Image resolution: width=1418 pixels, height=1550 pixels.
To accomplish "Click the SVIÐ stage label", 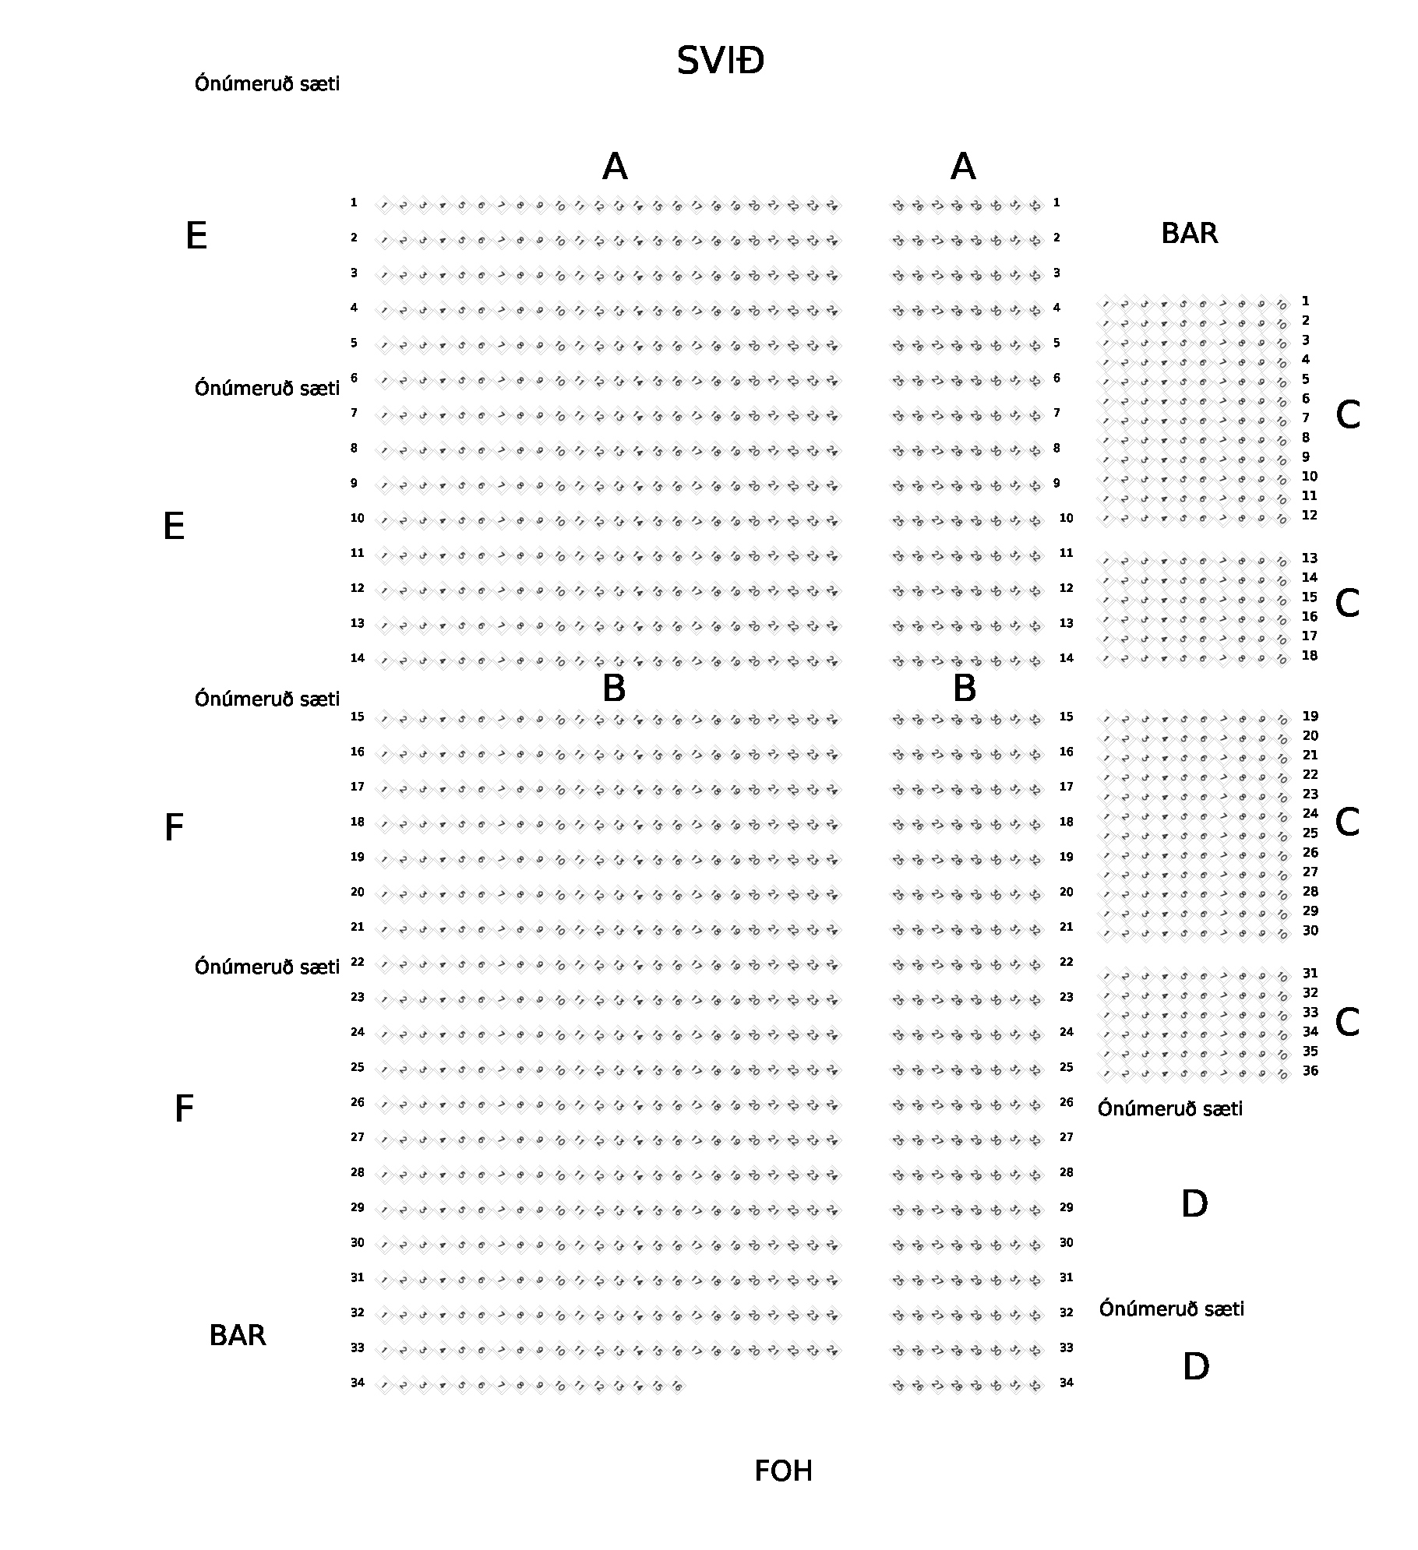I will [720, 61].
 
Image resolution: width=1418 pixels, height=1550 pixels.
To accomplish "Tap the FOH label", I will [783, 1471].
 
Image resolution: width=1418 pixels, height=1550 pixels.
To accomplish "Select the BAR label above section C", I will [1189, 234].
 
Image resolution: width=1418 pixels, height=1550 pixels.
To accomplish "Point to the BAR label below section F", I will [238, 1336].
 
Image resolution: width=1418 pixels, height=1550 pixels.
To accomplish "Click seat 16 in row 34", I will [677, 1386].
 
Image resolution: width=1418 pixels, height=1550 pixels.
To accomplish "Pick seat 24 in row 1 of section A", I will [832, 206].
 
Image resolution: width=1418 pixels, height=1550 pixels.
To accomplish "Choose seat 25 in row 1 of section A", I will [898, 206].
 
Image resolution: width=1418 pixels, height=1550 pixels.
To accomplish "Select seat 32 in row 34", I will [1035, 1386].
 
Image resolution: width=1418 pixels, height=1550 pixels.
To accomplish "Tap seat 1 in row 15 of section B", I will [383, 720].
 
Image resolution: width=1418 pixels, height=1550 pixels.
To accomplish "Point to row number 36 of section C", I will [1310, 1071].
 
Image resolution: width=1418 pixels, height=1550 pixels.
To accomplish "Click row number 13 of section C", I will [1310, 558].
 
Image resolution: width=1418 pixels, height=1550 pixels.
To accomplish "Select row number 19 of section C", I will [1310, 717].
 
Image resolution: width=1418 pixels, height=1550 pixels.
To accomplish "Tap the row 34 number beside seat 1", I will [358, 1383].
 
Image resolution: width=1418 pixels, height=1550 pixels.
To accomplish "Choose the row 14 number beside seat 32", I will [1066, 658].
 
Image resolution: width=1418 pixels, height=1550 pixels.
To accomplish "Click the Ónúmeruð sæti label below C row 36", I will [1170, 1108].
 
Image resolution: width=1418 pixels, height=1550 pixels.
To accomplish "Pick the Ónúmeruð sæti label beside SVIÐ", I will [267, 83].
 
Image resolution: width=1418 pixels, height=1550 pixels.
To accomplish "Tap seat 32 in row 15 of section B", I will [1035, 720].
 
